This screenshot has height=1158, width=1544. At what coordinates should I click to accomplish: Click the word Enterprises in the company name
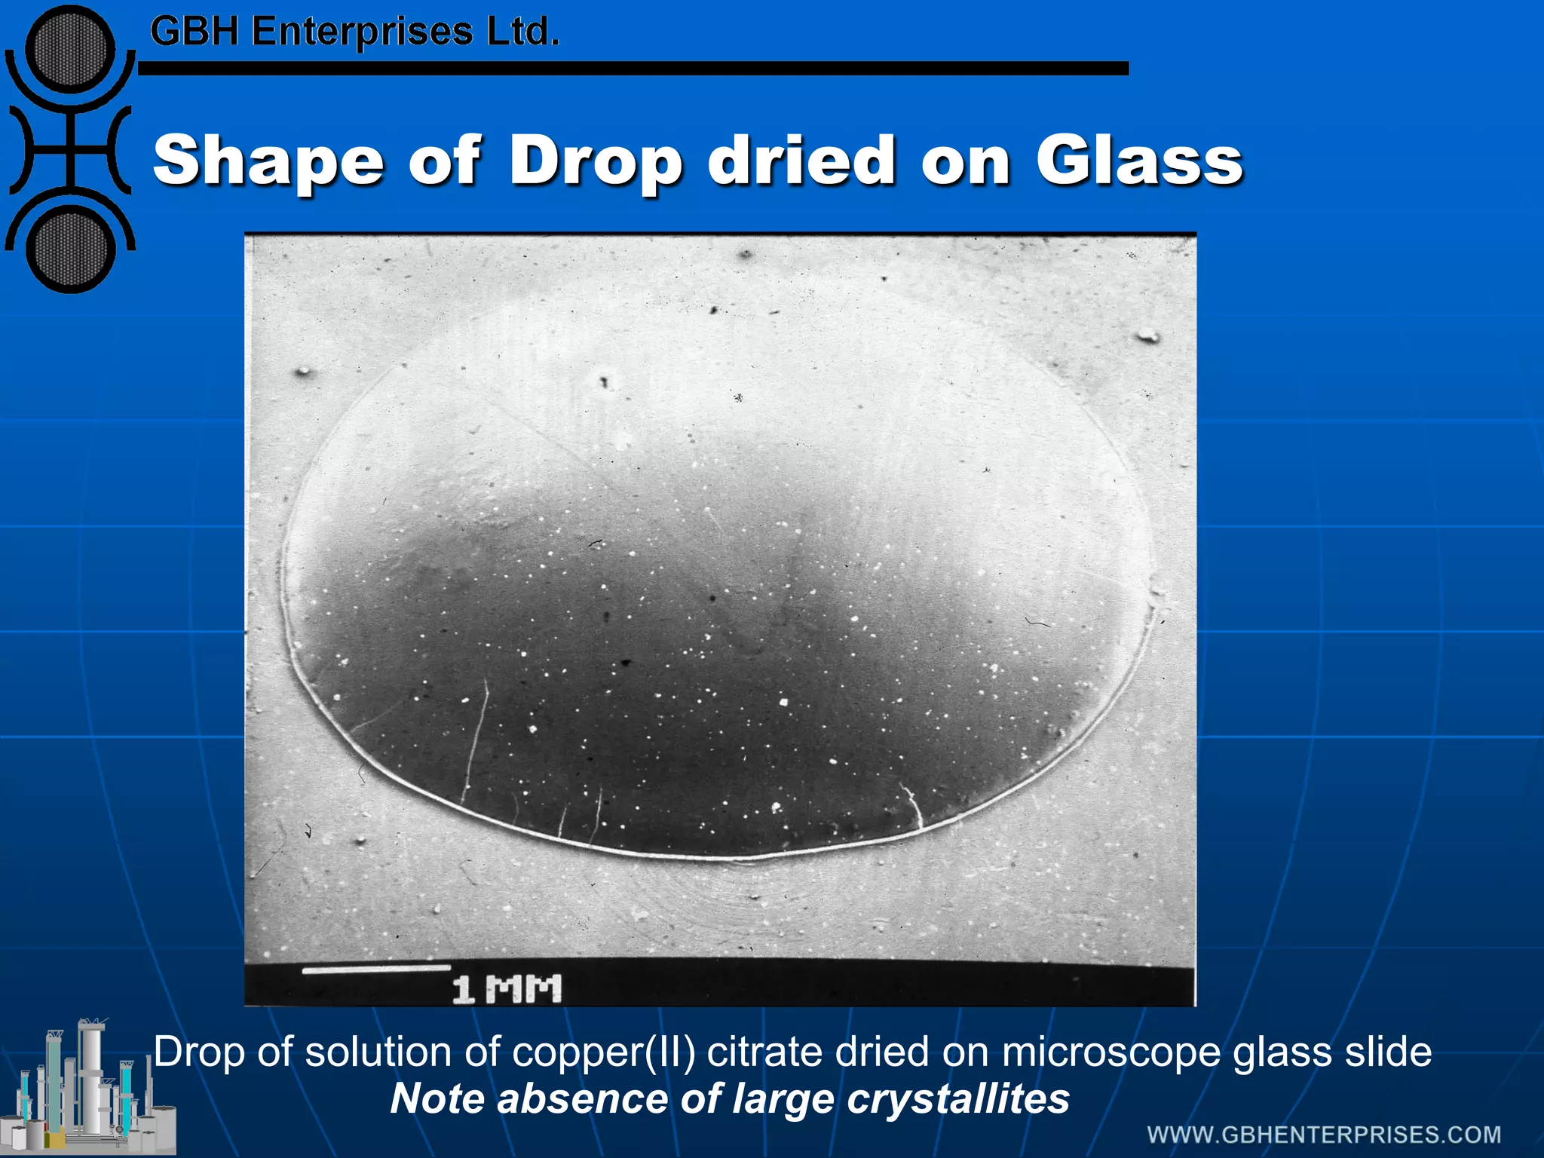click(x=362, y=32)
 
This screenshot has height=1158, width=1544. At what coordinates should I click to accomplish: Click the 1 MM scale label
click(x=507, y=988)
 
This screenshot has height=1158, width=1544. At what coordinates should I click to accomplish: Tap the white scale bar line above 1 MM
click(x=376, y=969)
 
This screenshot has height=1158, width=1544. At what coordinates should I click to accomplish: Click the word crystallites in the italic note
click(x=957, y=1098)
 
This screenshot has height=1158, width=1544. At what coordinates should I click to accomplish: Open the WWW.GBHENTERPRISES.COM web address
click(x=1324, y=1135)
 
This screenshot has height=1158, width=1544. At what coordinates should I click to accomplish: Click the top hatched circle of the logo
click(x=70, y=51)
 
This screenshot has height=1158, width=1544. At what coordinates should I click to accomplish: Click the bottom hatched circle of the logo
click(x=70, y=250)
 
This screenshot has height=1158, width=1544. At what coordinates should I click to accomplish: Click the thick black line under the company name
click(x=633, y=69)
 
